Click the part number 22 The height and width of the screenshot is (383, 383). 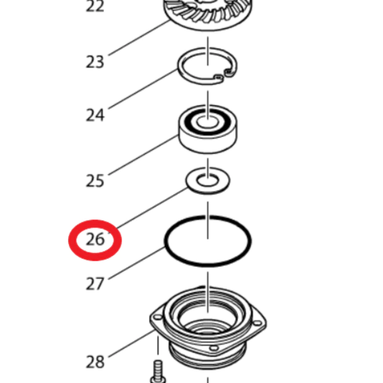[x=95, y=6]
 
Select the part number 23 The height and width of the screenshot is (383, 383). [x=95, y=62]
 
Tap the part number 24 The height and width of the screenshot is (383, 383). [x=95, y=115]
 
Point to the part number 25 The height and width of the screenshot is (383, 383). [x=95, y=181]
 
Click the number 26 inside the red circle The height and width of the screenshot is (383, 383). [x=95, y=239]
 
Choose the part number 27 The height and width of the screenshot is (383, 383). [x=95, y=283]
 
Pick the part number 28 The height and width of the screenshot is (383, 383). [x=95, y=361]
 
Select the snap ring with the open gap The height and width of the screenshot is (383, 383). [x=181, y=71]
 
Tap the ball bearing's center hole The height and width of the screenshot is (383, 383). [x=207, y=122]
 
